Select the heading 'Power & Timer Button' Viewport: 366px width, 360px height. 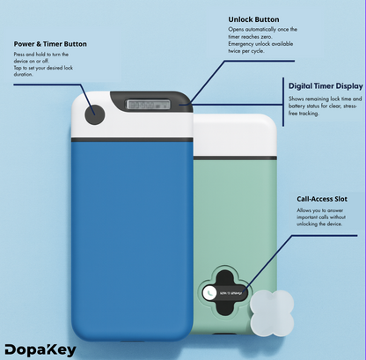coord(51,43)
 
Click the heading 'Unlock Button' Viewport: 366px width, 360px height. coord(254,18)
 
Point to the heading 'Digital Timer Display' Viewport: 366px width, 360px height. coord(326,85)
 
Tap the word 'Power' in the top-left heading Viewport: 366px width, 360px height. coord(26,43)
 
